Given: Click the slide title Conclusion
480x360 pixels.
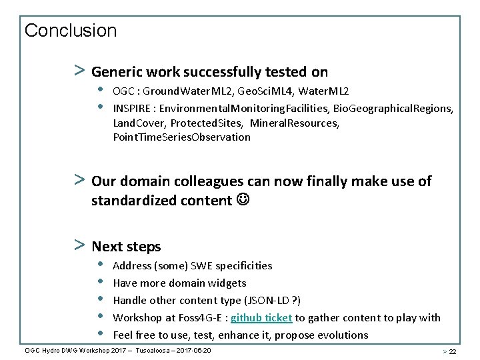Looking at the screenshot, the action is coord(70,31).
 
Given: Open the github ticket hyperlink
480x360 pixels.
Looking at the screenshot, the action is coord(261,317).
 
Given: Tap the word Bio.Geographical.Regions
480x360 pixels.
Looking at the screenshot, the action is coord(393,108).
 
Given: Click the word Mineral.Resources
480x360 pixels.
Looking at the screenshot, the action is coord(295,123).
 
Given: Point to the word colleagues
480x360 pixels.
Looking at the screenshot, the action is coord(214,181).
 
